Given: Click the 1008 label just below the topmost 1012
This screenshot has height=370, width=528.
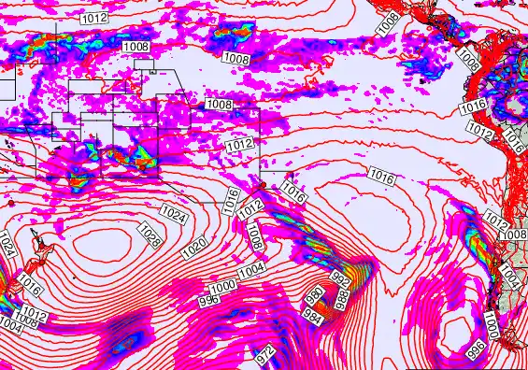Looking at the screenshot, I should click(136, 46).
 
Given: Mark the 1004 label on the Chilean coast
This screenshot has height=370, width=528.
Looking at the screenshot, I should click(509, 277).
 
